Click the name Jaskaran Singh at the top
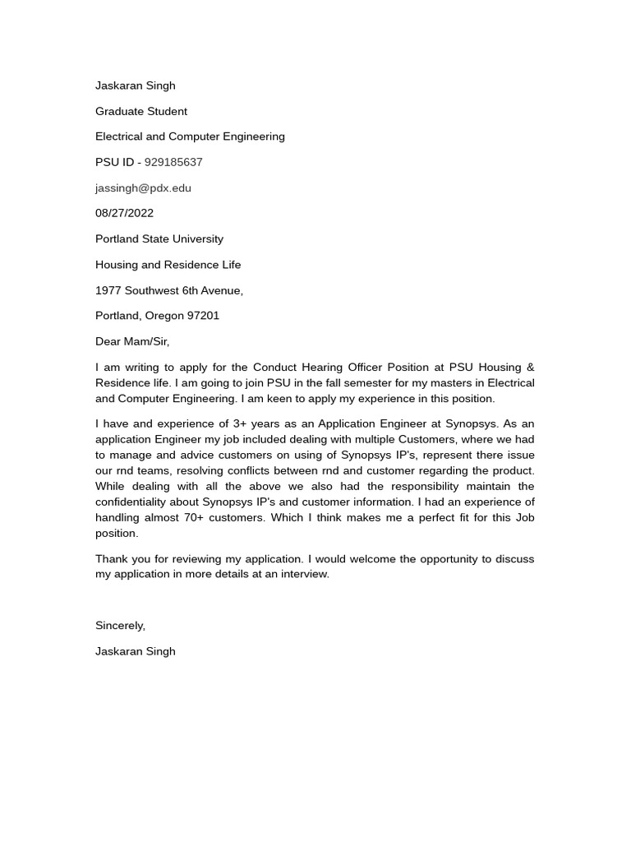pyautogui.click(x=135, y=86)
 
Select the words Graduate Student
pyautogui.click(x=141, y=111)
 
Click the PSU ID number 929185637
pyautogui.click(x=173, y=162)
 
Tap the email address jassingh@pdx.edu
pyautogui.click(x=143, y=187)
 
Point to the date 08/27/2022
pyautogui.click(x=124, y=213)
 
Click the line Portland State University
pyautogui.click(x=159, y=238)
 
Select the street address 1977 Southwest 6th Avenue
pyautogui.click(x=168, y=290)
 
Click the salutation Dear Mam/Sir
pyautogui.click(x=132, y=341)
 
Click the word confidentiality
pyautogui.click(x=140, y=502)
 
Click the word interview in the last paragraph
pyautogui.click(x=302, y=575)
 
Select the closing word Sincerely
pyautogui.click(x=120, y=626)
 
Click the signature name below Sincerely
pyautogui.click(x=135, y=651)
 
